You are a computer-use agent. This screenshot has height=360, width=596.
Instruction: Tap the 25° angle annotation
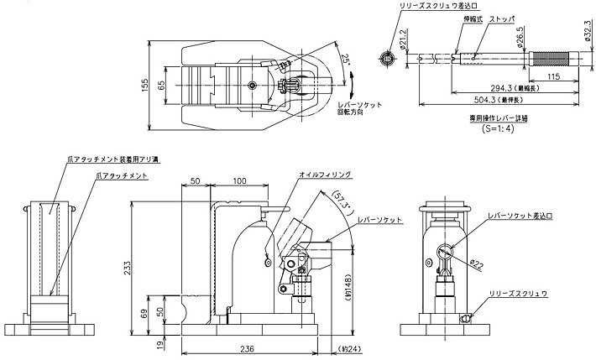point(344,60)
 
